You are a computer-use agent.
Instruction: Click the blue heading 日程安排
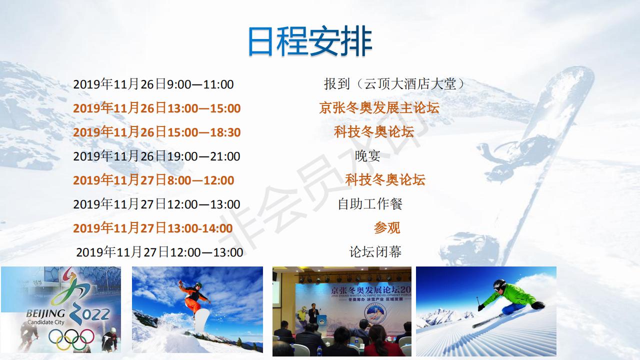tap(310, 41)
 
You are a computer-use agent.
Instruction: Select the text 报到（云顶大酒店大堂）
tap(395, 84)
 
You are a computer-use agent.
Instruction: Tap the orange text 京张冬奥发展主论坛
tap(379, 108)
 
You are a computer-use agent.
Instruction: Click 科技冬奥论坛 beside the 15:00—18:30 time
tap(374, 132)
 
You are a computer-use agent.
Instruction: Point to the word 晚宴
tap(367, 156)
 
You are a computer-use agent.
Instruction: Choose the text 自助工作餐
tap(370, 204)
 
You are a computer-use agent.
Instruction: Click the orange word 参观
tap(387, 228)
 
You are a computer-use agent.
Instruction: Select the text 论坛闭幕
tap(375, 252)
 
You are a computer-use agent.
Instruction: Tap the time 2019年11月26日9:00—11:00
tap(153, 84)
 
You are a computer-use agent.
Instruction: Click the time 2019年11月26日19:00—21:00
tap(156, 156)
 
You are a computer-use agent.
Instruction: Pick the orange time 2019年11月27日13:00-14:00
tap(153, 228)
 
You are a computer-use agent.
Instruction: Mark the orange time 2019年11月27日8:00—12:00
tap(153, 180)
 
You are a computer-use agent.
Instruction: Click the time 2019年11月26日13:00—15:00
tap(157, 108)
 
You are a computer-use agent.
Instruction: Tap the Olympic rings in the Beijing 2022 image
tap(71, 339)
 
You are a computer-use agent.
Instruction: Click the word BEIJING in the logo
tap(45, 313)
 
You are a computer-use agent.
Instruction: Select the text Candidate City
tap(45, 322)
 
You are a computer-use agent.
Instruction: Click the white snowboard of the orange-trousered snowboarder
tap(202, 320)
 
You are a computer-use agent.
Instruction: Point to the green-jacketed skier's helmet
tap(499, 285)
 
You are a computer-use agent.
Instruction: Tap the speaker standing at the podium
tap(313, 313)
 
